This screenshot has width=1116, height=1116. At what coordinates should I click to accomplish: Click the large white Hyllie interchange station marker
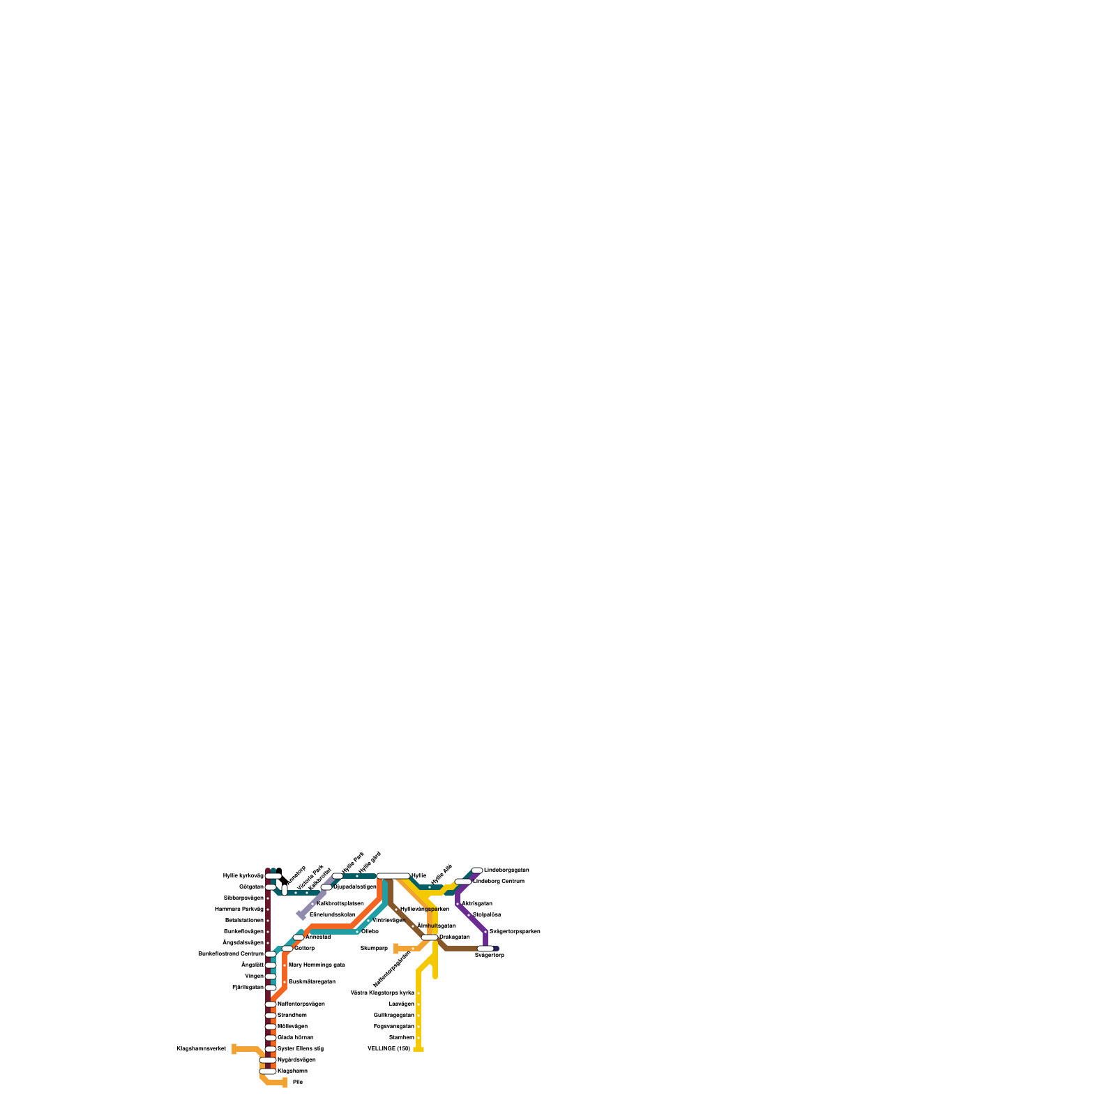[x=393, y=875]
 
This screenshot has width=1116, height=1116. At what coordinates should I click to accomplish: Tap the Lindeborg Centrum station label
[x=499, y=881]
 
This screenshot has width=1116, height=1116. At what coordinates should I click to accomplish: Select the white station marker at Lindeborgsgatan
[x=477, y=870]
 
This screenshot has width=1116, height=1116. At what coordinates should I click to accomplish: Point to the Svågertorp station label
[x=489, y=955]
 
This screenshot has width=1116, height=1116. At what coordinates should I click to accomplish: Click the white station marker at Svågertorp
[x=485, y=948]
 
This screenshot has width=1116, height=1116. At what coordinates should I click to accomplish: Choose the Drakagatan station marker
[x=430, y=937]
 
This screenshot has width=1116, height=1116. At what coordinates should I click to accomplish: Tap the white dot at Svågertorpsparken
[x=485, y=931]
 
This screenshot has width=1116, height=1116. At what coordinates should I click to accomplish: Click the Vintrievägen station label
[x=389, y=920]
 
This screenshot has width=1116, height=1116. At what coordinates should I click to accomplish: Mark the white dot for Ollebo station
[x=357, y=931]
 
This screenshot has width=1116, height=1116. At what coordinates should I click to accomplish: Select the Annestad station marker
[x=299, y=937]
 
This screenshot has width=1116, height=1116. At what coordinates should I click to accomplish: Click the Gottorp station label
[x=304, y=948]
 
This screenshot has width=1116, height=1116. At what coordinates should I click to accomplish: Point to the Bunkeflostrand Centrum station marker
[x=271, y=953]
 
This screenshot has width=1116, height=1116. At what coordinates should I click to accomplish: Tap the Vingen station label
[x=255, y=976]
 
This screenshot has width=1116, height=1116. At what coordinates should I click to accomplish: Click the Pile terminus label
[x=298, y=1082]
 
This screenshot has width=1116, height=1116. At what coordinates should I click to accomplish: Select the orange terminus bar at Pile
[x=285, y=1083]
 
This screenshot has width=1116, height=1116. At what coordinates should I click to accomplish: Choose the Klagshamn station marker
[x=268, y=1071]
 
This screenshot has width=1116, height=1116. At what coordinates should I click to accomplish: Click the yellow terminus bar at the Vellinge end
[x=418, y=1049]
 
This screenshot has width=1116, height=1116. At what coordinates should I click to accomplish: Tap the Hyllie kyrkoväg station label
[x=243, y=875]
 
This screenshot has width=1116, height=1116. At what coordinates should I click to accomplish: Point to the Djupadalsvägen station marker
[x=326, y=887]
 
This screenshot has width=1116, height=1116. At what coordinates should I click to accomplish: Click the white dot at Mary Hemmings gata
[x=285, y=965]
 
